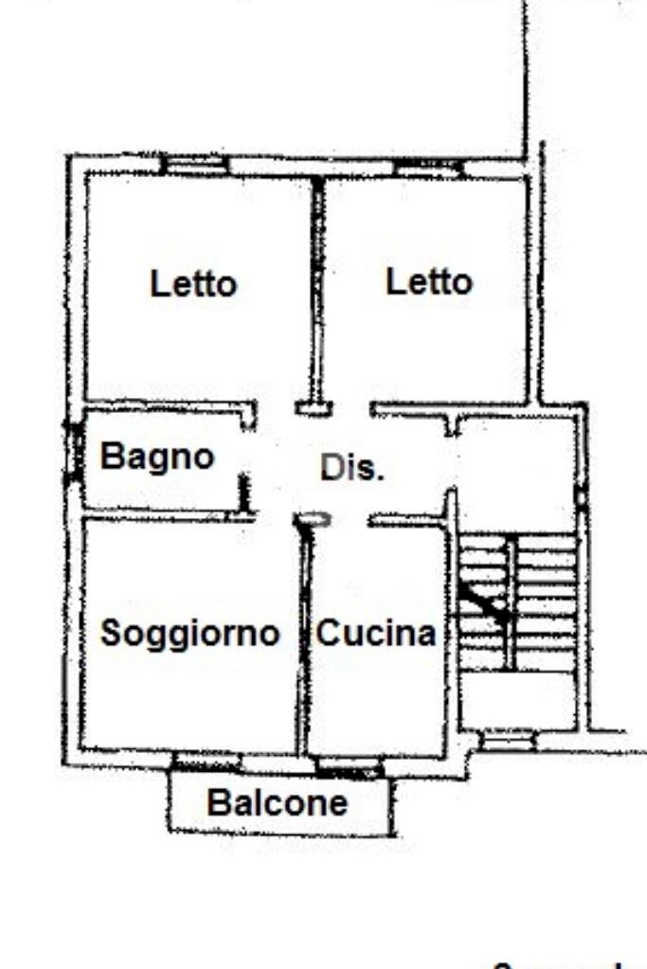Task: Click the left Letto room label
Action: [193, 283]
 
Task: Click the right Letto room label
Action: [429, 281]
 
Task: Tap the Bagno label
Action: [158, 457]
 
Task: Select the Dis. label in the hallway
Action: [352, 468]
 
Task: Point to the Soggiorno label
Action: [189, 633]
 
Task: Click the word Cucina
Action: [376, 633]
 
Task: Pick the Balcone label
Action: [278, 803]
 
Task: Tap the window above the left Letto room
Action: [194, 165]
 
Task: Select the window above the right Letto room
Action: [428, 168]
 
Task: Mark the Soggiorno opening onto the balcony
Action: [206, 761]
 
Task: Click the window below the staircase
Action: [508, 739]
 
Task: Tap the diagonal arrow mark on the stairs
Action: [484, 602]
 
